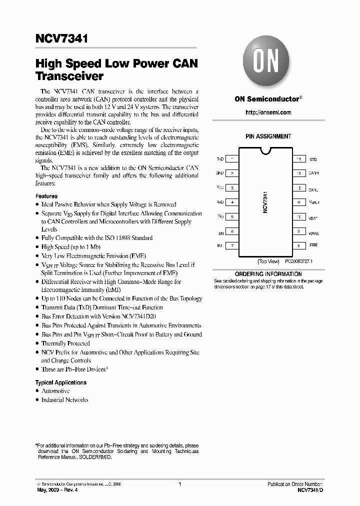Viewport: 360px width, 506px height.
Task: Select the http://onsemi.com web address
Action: pos(268,112)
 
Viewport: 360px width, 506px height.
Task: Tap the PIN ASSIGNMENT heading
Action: pos(268,136)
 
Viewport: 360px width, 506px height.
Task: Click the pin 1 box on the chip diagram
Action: pos(232,159)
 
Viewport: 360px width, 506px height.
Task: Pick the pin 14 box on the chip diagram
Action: pos(298,159)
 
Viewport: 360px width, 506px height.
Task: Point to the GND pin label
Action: pos(219,173)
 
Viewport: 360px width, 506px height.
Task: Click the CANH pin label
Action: pos(313,173)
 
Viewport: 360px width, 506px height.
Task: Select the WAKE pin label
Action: pos(314,233)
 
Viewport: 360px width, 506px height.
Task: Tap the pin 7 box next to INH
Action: pos(232,246)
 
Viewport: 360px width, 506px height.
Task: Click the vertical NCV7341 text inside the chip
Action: pos(265,202)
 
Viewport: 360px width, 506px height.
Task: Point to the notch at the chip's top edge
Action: pos(265,150)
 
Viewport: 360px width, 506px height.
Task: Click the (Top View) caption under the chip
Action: pos(268,261)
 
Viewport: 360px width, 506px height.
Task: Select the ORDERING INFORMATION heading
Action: pos(268,274)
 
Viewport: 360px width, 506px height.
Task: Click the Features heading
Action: pos(46,196)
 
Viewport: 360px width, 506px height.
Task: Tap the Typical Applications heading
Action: pos(60,382)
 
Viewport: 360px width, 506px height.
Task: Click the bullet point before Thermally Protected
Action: pos(37,344)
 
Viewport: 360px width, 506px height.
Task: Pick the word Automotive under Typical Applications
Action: pos(55,391)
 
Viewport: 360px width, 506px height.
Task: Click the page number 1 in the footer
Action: pos(179,484)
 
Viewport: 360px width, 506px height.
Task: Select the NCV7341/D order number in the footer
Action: pos(310,490)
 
